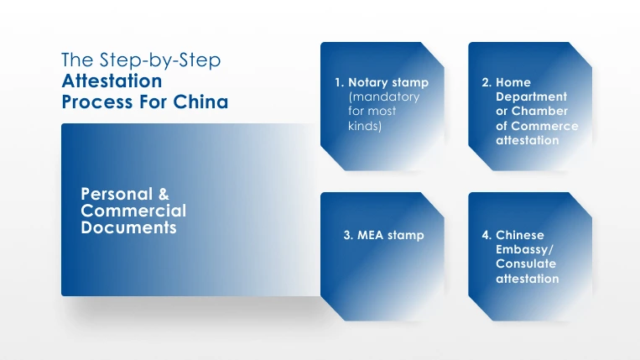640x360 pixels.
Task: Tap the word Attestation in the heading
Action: point(112,81)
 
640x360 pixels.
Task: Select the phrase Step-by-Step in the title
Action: point(160,60)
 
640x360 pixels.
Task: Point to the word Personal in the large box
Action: point(117,194)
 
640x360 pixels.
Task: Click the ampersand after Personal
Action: point(164,194)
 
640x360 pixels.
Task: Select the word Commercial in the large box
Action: point(133,211)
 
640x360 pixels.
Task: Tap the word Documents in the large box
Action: point(128,227)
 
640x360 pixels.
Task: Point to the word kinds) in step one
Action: point(365,126)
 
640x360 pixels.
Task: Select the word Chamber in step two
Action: point(539,111)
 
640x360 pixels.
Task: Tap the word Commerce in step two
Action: point(544,126)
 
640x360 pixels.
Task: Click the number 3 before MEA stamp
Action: point(348,235)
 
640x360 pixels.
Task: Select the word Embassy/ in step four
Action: point(524,249)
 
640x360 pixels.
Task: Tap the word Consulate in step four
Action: point(526,263)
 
